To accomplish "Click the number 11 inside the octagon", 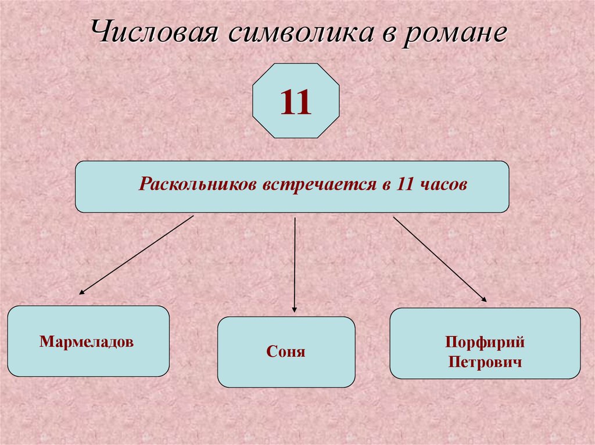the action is [x=296, y=102].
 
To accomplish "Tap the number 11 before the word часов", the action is [x=405, y=186].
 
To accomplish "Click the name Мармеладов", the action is [x=87, y=341].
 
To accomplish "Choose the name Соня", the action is [x=286, y=352].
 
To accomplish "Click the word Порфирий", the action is [x=485, y=342].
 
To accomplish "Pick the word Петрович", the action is [x=485, y=363].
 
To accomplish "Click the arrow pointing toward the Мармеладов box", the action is [x=137, y=255].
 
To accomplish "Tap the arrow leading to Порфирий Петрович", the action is [x=439, y=259].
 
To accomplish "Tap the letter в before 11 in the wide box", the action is [x=385, y=187].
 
